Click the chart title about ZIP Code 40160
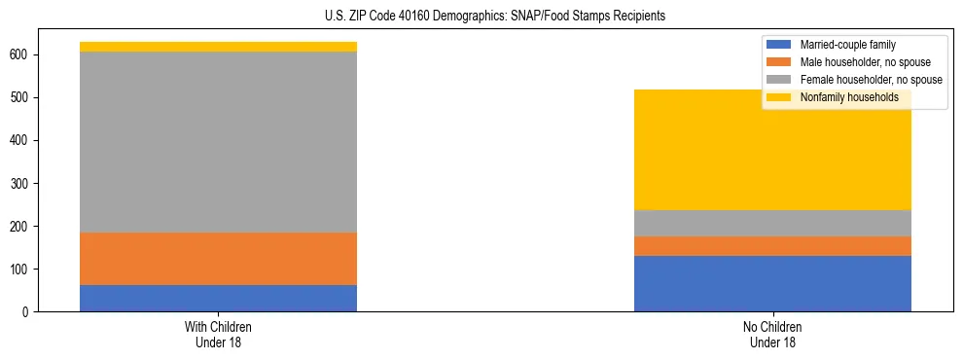tap(481, 17)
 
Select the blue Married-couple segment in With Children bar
tap(218, 298)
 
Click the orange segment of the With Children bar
tap(218, 259)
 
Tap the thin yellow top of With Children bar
tap(218, 47)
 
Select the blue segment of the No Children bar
tap(772, 283)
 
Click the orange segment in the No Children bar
tap(772, 246)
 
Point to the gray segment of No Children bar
tap(772, 223)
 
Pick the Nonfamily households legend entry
tap(849, 97)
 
